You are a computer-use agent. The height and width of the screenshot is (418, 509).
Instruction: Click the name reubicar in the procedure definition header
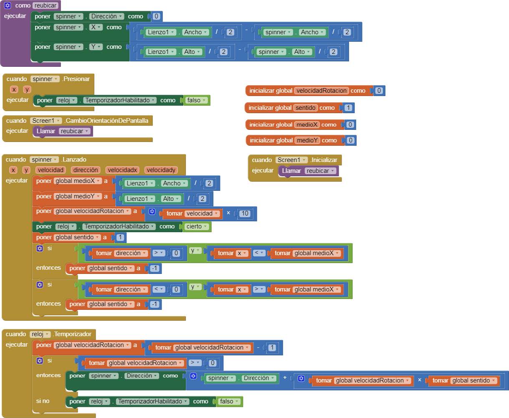(x=46, y=5)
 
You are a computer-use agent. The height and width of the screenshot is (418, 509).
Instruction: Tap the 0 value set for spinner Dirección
(x=156, y=16)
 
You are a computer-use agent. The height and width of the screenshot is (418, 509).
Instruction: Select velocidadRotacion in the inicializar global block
(x=322, y=91)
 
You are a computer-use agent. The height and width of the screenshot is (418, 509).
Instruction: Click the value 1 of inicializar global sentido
(x=349, y=108)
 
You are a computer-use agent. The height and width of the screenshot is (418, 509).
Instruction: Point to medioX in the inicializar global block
(x=307, y=124)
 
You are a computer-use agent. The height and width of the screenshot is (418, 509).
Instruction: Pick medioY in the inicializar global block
(x=307, y=140)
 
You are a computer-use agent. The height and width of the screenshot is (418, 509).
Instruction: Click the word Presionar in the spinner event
(x=76, y=79)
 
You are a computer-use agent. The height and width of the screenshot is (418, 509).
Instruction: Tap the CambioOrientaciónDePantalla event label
(x=107, y=121)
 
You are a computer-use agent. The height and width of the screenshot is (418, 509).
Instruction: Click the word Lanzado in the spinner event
(x=74, y=160)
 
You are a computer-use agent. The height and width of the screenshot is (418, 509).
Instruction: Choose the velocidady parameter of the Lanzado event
(x=161, y=170)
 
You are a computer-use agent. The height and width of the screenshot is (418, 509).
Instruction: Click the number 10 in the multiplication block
(x=245, y=213)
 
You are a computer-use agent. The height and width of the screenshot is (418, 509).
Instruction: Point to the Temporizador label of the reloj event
(x=73, y=334)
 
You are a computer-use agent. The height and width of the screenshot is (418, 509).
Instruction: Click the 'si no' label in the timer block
(x=43, y=401)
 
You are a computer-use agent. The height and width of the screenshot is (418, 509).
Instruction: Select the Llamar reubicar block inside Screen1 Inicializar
(x=308, y=171)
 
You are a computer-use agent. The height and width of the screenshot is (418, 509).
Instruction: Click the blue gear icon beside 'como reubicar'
(x=7, y=5)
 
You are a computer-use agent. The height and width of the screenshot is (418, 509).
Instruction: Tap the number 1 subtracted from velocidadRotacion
(x=272, y=347)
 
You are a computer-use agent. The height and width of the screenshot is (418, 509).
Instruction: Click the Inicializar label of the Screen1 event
(x=324, y=160)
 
